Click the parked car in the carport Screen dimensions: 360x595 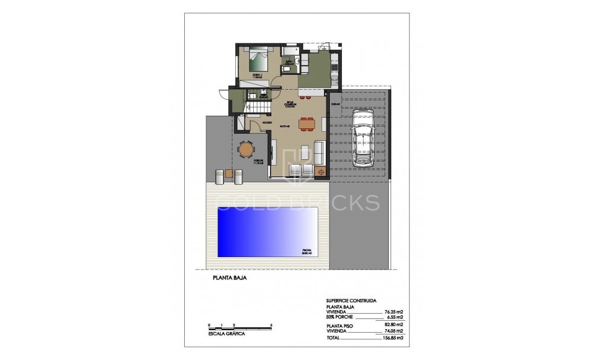click(361, 138)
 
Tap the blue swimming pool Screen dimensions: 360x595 click(268, 231)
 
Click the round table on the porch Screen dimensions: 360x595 click(245, 149)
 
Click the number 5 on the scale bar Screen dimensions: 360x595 click(271, 324)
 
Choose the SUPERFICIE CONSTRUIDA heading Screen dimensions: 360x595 click(355, 301)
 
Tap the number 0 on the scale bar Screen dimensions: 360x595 click(209, 324)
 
